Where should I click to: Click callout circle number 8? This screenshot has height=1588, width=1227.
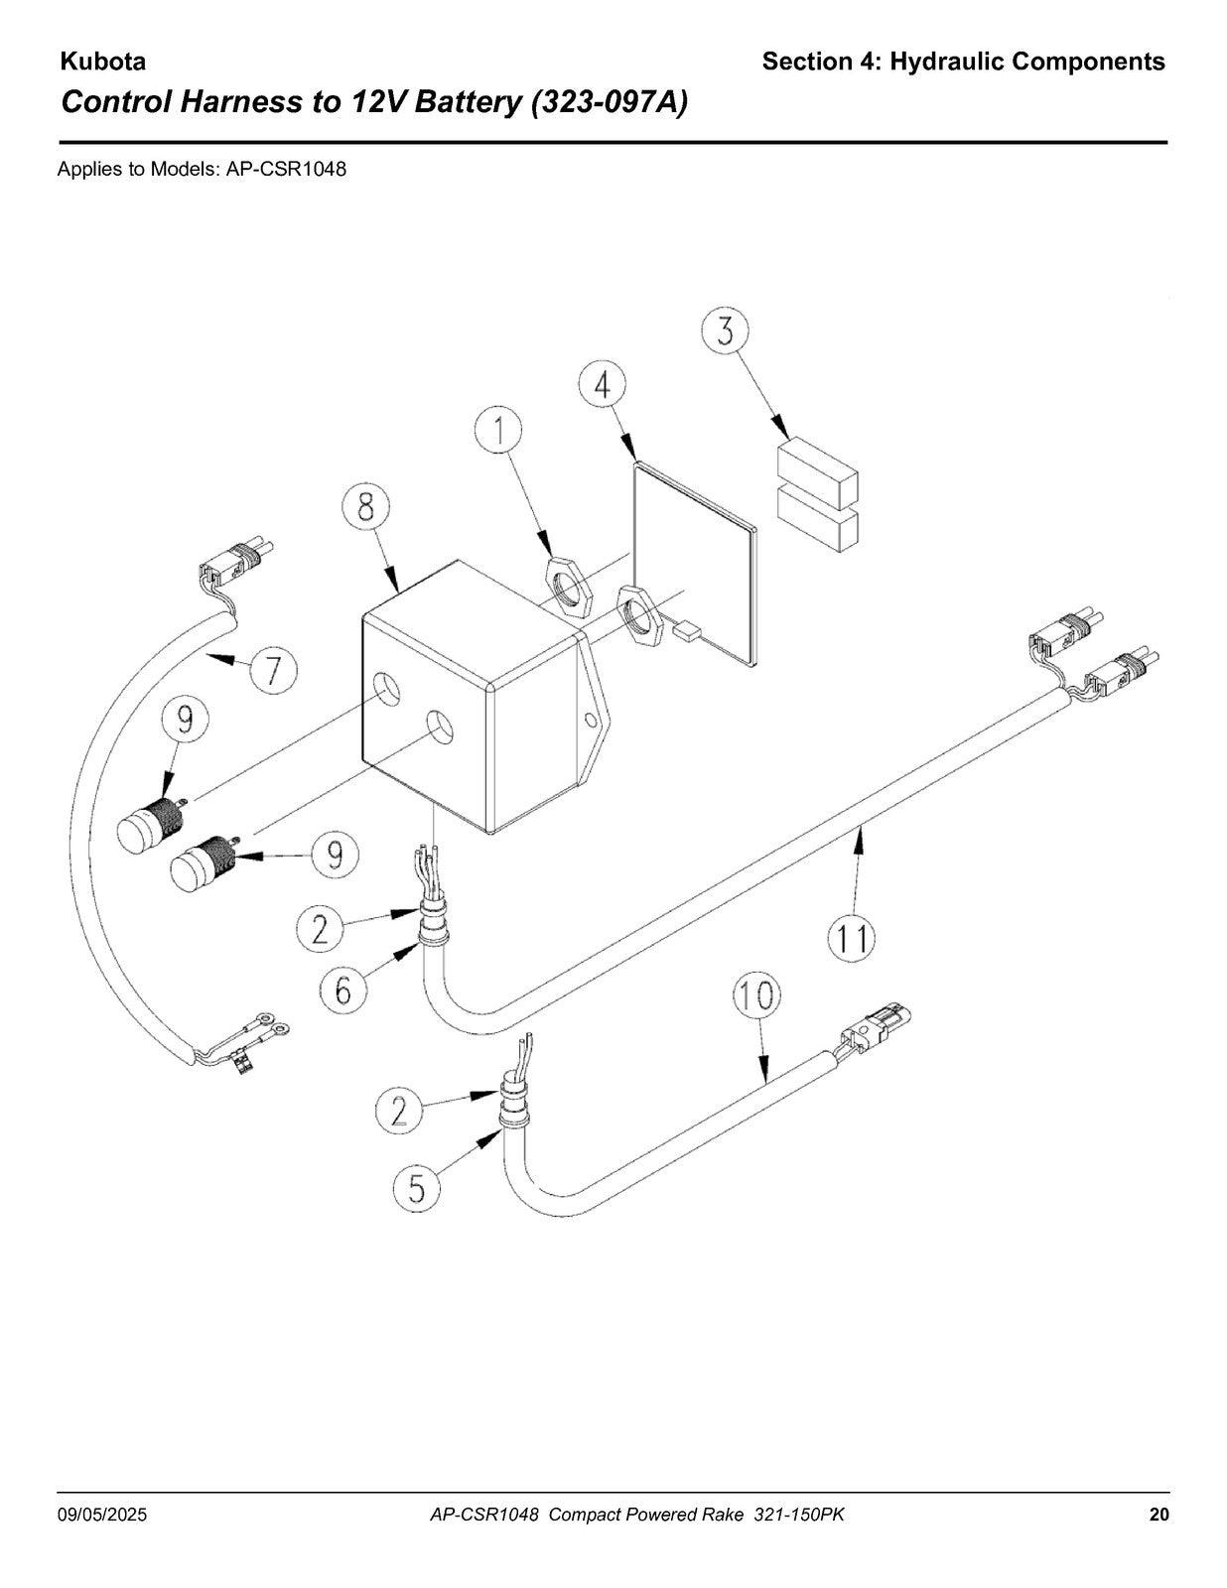pyautogui.click(x=366, y=506)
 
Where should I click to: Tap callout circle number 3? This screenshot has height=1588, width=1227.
pyautogui.click(x=725, y=331)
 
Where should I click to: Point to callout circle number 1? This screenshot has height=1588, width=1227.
pyautogui.click(x=498, y=431)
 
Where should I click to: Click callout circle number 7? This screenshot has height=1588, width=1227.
pyautogui.click(x=273, y=670)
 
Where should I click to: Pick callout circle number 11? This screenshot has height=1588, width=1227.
pyautogui.click(x=852, y=938)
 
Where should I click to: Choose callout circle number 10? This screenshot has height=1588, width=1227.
pyautogui.click(x=757, y=995)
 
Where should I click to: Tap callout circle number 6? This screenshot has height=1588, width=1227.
pyautogui.click(x=342, y=990)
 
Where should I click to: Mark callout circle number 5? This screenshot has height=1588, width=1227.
pyautogui.click(x=417, y=1188)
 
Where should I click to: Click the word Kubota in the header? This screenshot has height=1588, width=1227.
pyautogui.click(x=102, y=62)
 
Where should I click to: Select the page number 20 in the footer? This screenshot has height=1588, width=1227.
pyautogui.click(x=1159, y=1515)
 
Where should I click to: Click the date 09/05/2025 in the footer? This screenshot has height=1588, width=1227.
pyautogui.click(x=102, y=1515)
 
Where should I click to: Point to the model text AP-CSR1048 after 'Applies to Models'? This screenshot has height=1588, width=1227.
pyautogui.click(x=286, y=170)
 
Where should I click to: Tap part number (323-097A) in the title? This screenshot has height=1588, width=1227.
pyautogui.click(x=610, y=103)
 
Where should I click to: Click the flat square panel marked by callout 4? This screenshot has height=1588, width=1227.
pyautogui.click(x=694, y=564)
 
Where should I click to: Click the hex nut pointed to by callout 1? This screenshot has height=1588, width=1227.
pyautogui.click(x=572, y=584)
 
